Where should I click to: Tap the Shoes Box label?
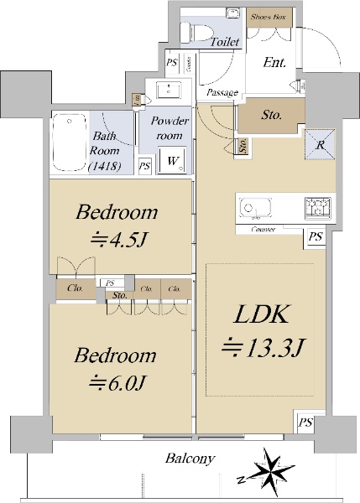coord(269,17)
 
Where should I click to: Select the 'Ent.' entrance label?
coord(274,62)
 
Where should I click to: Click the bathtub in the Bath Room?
coord(70,142)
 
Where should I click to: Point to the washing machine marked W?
coord(172,161)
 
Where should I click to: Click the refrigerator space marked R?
coord(320,145)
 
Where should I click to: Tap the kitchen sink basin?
coord(256,207)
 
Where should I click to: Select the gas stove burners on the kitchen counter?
coord(317,208)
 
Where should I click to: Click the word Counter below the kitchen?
coord(263,230)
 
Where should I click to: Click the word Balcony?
coord(190,459)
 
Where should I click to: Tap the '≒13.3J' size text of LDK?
coord(263,346)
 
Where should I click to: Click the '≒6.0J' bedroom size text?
coord(117,382)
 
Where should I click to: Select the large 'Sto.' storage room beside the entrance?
coord(271,115)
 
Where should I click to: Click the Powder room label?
coord(170,128)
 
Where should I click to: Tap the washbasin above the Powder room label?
coord(169,91)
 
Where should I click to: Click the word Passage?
coord(222,93)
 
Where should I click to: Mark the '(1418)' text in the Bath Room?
coord(105,166)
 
